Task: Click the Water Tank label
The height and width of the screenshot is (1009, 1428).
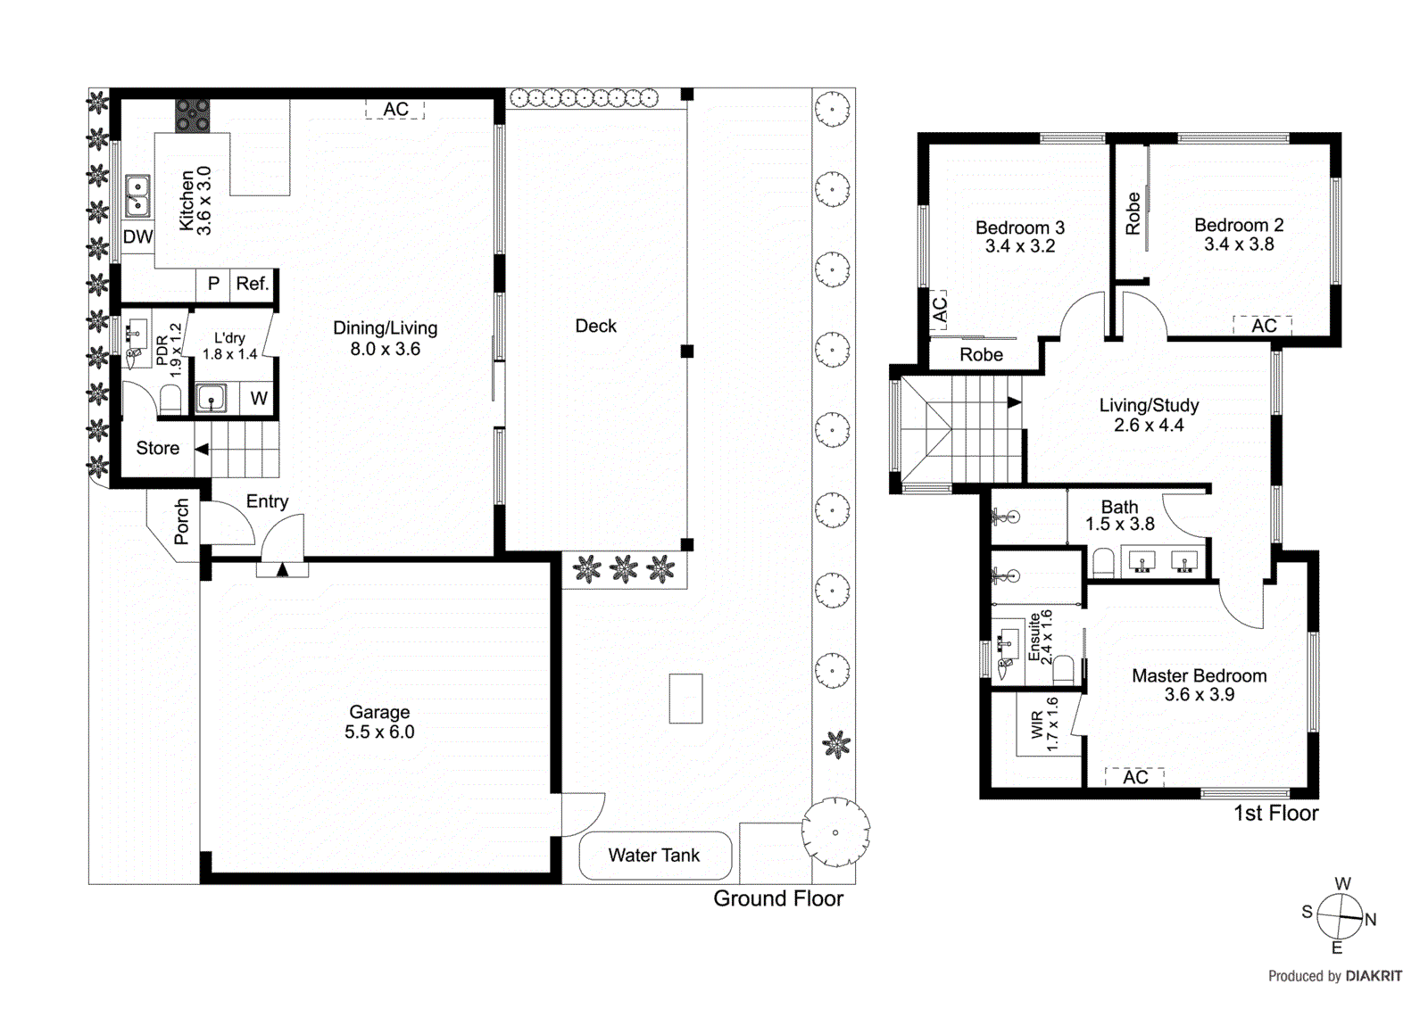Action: coord(654,856)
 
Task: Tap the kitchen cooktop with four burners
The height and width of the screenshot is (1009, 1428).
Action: coord(192,116)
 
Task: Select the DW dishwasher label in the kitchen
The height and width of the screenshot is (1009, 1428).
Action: coord(137,237)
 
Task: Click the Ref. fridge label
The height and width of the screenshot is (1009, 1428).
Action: coord(252,284)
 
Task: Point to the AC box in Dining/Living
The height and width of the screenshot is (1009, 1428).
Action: coord(395,110)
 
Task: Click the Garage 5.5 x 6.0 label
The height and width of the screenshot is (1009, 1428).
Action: coord(379,722)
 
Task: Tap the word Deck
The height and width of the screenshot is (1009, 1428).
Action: coord(595,327)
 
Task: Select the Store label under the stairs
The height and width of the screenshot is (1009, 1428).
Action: coord(157,449)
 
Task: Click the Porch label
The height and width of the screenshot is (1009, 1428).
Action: coord(182,522)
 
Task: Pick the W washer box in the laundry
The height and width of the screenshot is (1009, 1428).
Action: coord(259,399)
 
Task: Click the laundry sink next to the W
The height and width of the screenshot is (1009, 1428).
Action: coord(212,398)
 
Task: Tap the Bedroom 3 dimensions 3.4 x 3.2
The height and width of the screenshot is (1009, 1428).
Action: coord(1019,247)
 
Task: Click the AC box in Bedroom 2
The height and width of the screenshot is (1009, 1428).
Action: coord(1263,326)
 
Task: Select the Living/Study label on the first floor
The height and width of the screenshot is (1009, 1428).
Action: coord(1149,405)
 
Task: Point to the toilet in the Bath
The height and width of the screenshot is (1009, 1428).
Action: coord(1104,562)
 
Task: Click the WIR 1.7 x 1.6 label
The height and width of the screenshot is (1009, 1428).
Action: coord(1044,724)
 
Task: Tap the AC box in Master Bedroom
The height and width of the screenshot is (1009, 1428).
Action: coord(1134,777)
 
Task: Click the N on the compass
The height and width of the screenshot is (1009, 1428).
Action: coord(1371,920)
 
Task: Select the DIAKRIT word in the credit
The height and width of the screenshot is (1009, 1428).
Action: coord(1374,976)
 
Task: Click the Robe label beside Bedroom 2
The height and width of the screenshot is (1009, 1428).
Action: coord(1133,213)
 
